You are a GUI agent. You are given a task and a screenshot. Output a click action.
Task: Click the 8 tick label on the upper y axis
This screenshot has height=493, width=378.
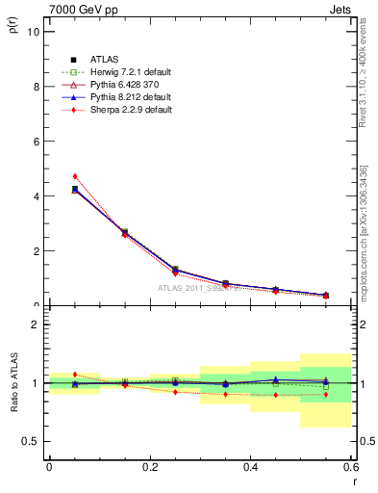coord(36,86)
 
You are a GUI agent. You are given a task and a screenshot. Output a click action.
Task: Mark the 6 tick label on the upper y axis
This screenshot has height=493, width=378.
coord(36,141)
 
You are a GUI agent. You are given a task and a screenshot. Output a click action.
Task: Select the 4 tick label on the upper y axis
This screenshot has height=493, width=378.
coord(36,195)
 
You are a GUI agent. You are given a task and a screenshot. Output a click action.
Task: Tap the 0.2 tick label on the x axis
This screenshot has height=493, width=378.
coord(149,466)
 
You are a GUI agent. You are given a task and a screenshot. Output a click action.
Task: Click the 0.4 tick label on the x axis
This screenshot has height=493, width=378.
coord(250,466)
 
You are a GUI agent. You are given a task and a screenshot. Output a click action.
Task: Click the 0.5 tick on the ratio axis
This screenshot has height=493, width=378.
coord(32,441)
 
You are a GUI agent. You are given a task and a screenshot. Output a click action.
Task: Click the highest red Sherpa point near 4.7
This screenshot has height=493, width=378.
coord(74,176)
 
